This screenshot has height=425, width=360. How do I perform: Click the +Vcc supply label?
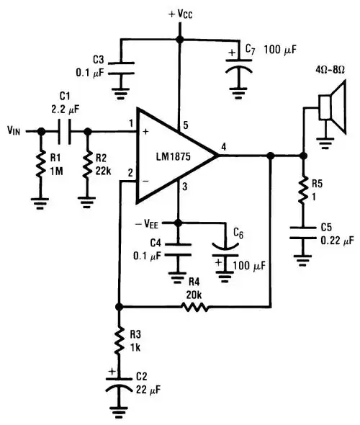tap(181, 14)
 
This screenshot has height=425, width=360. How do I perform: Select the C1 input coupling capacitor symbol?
tap(64, 131)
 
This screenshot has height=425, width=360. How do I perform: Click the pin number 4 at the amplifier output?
tap(224, 148)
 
